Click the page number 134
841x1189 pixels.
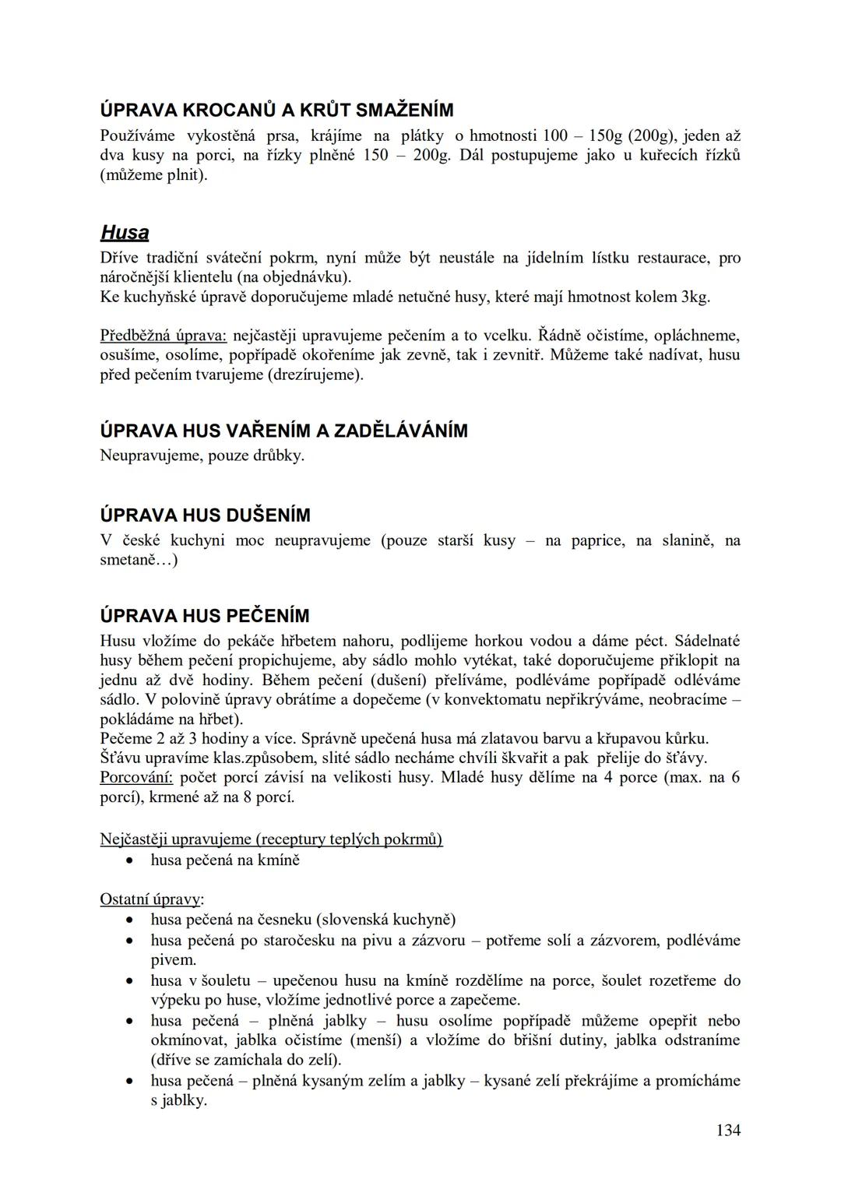tap(728, 1130)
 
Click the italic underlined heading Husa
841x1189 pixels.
tap(125, 233)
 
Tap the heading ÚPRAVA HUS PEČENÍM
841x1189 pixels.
tap(205, 616)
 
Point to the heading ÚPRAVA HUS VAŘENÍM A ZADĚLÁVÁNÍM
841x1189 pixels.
tap(284, 431)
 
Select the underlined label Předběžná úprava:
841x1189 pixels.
tap(163, 336)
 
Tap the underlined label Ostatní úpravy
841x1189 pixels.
tap(150, 899)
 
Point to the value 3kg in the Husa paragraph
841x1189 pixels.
tap(695, 297)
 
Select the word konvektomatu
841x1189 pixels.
tap(503, 699)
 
